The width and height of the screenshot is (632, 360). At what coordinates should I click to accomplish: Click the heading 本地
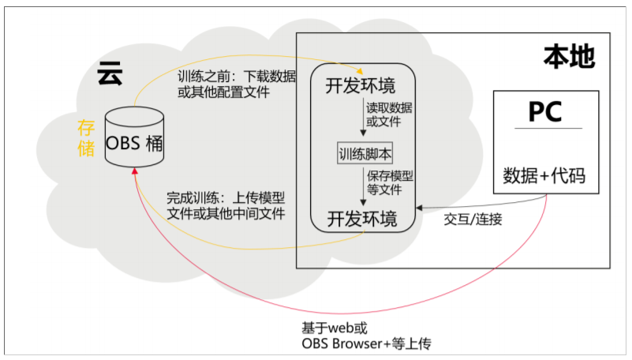tap(568, 57)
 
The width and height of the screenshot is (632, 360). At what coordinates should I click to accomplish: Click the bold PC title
tap(545, 111)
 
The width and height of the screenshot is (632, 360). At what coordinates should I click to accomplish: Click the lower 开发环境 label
tap(362, 216)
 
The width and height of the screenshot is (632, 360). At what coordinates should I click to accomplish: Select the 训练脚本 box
tap(365, 153)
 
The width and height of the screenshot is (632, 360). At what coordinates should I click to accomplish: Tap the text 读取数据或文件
tap(388, 114)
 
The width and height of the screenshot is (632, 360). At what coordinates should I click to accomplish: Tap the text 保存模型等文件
tap(388, 182)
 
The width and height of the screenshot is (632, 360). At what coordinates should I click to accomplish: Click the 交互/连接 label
tap(473, 219)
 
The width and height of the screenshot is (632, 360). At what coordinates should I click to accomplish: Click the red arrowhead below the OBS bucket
tap(136, 171)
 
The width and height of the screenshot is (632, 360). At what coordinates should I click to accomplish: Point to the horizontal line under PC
tap(545, 128)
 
